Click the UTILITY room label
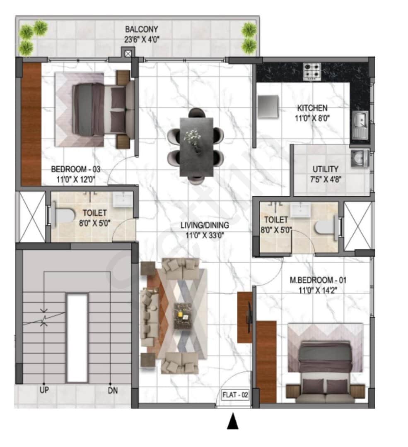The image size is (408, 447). tap(325, 169)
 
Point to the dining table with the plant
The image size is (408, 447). tap(197, 147)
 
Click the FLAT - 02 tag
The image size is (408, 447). tap(235, 395)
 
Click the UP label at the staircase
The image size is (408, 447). tap(43, 390)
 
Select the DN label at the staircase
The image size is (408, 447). tap(111, 390)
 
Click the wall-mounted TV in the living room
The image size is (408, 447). tap(249, 313)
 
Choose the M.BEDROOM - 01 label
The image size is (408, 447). tap(319, 281)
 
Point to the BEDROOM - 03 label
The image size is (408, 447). tap(76, 169)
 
